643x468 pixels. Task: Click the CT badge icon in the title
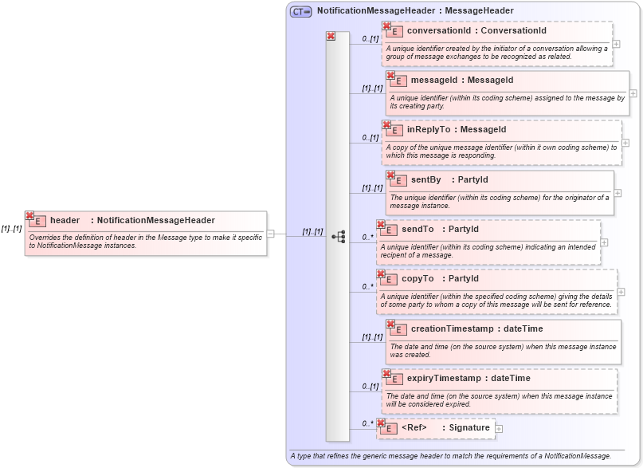(300, 11)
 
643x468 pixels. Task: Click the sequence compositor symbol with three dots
(339, 237)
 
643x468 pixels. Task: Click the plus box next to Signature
(499, 429)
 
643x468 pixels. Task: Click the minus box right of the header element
(271, 234)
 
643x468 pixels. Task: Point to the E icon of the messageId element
(396, 81)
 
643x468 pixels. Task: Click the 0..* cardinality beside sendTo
(367, 237)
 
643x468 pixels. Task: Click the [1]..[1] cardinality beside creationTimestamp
(372, 336)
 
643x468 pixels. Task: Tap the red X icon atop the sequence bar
(331, 37)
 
